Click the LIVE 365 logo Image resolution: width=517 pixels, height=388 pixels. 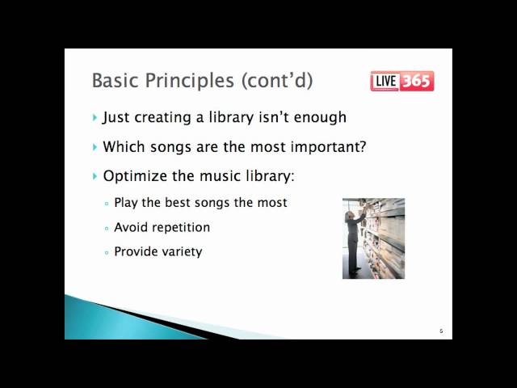pos(401,81)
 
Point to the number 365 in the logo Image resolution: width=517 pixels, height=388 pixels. pos(416,81)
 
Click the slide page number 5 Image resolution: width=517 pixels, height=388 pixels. pos(441,331)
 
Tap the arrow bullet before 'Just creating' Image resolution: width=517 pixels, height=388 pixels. pos(95,118)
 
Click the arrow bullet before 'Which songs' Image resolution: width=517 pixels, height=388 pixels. pos(95,148)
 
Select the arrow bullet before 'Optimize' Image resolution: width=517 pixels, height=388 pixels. pos(95,176)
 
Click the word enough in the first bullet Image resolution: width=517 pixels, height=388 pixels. pos(320,118)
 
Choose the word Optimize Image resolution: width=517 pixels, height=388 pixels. pos(132,176)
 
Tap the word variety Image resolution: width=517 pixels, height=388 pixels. pos(181,252)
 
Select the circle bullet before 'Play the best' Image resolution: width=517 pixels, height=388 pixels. pos(107,204)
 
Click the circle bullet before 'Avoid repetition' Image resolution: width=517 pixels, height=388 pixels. pos(107,229)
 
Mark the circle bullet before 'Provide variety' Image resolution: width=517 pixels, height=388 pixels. pos(107,253)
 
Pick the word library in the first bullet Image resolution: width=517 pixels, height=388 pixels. pos(241,118)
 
